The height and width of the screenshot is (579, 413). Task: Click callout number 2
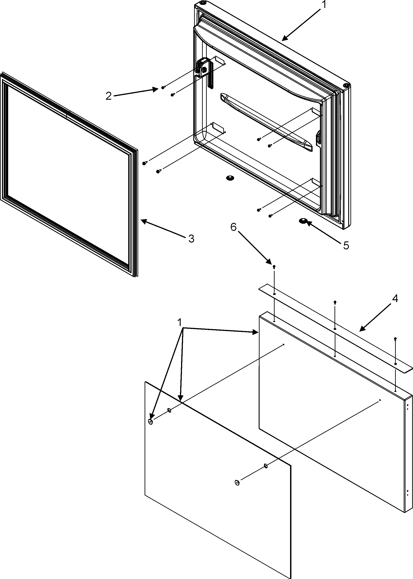[109, 96]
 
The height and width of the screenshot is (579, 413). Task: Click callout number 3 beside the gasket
[191, 239]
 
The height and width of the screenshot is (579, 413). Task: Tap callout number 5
[346, 245]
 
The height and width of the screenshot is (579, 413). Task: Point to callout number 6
[233, 227]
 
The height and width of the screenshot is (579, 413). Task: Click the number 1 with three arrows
[180, 323]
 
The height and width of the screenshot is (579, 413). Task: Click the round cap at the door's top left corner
[203, 3]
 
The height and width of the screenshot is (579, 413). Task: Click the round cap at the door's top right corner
[346, 85]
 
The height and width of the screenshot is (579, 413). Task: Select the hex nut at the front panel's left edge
[150, 422]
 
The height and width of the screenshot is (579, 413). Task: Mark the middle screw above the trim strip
[335, 302]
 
